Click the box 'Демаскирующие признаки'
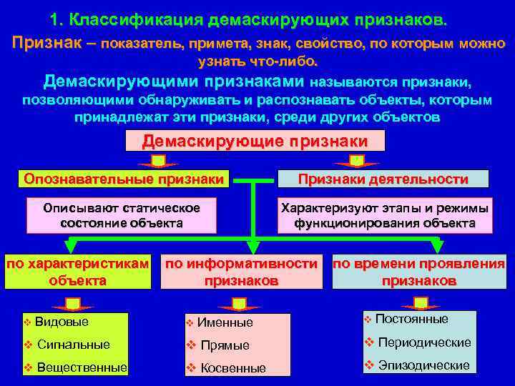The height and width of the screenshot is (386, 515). [x=255, y=141]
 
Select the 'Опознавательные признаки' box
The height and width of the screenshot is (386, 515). [x=123, y=179]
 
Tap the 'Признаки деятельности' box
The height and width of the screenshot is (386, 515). [x=383, y=179]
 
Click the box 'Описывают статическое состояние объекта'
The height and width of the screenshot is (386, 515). [x=122, y=215]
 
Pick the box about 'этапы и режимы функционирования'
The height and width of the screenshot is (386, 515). [x=385, y=215]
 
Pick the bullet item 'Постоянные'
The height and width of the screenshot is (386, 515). [x=411, y=319]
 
